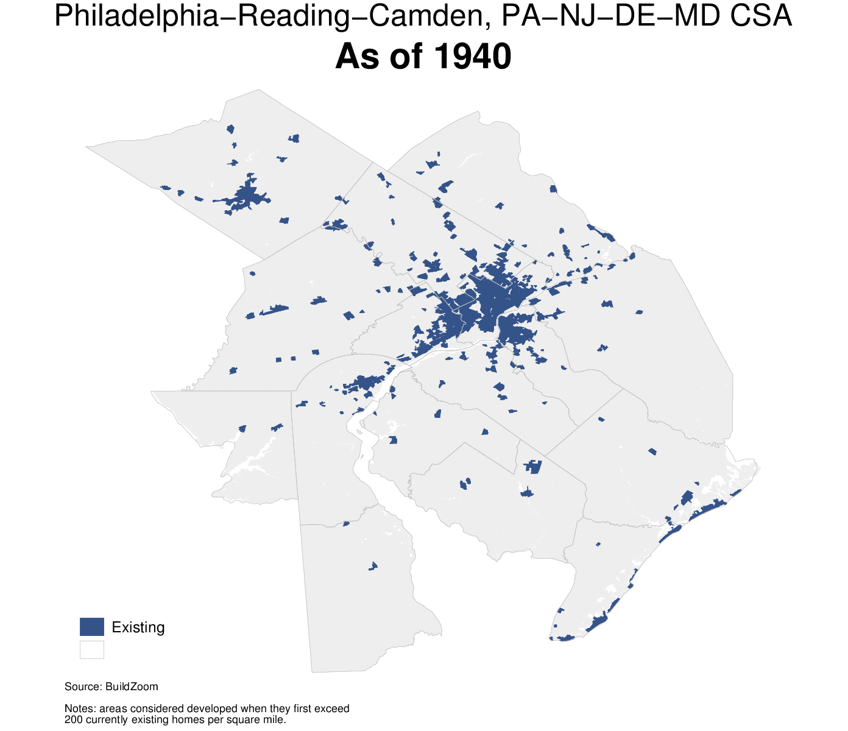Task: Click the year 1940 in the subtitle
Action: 473,57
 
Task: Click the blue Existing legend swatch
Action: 92,627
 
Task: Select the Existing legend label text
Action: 138,627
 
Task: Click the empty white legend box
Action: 92,649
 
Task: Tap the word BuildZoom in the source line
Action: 132,687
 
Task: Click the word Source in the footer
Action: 82,687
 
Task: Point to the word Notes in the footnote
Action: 79,708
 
